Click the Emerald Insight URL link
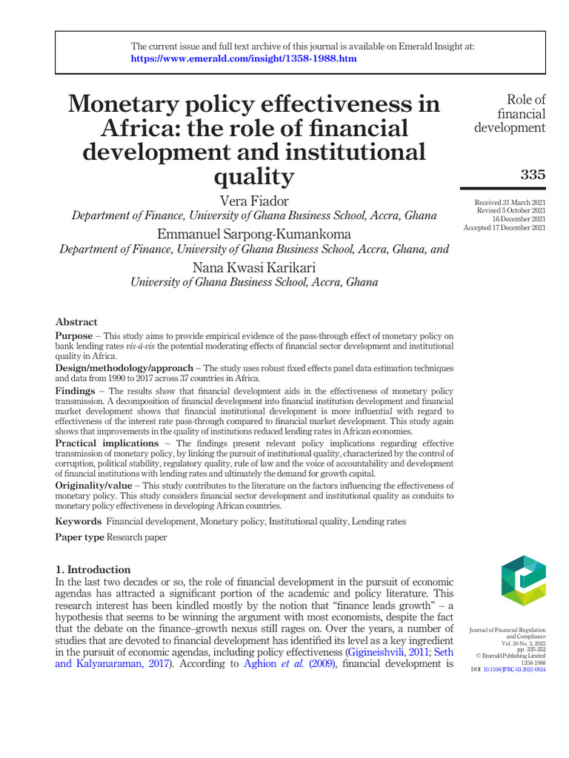pyautogui.click(x=244, y=58)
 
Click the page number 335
pyautogui.click(x=533, y=175)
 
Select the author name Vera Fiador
pyautogui.click(x=253, y=201)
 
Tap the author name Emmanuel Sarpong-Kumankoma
pyautogui.click(x=253, y=234)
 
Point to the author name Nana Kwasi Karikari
pyautogui.click(x=253, y=267)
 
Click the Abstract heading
pyautogui.click(x=76, y=322)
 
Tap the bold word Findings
pyautogui.click(x=75, y=390)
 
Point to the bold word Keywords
pyautogui.click(x=79, y=522)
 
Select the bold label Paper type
pyautogui.click(x=80, y=537)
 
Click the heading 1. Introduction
pyautogui.click(x=93, y=570)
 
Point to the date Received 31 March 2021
pyautogui.click(x=510, y=203)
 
